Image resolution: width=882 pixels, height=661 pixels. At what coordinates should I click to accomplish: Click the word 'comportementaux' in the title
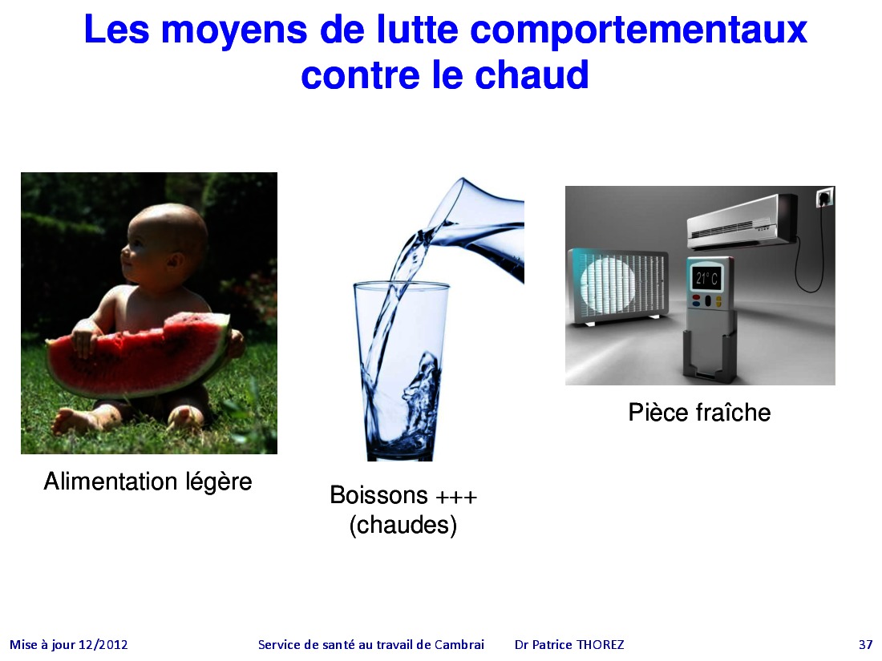coord(638,30)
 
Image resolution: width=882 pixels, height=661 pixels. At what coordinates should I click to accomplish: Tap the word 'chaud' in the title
coord(532,75)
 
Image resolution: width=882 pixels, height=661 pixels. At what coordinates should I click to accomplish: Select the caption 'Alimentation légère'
coord(148,482)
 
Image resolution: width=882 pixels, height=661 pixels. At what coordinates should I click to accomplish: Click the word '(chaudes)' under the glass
coord(403,526)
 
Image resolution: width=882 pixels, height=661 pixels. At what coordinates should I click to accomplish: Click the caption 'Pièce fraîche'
coord(699,413)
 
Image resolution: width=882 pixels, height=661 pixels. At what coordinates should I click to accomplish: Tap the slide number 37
coord(866,645)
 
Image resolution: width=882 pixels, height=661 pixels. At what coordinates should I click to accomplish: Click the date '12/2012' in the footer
coord(103,645)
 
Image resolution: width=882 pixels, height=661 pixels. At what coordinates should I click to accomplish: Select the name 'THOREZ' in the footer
coord(601,645)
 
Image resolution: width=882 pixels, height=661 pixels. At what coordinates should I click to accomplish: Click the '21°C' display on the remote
coord(706,278)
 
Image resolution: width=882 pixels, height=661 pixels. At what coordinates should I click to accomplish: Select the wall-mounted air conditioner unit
coord(742,221)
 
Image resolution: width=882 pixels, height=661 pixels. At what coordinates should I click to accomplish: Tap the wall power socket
coord(824,197)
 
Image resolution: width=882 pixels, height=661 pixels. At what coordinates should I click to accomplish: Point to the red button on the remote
coord(696,298)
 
